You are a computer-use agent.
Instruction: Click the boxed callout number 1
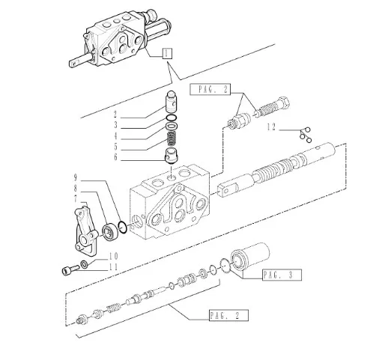pos(167,54)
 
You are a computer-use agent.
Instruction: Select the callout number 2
pos(115,115)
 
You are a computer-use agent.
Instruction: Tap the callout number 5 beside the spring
pos(115,147)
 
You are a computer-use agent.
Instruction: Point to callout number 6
pos(115,157)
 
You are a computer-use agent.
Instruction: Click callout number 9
pos(76,177)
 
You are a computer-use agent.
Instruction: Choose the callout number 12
pos(271,127)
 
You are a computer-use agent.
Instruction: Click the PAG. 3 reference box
pos(282,275)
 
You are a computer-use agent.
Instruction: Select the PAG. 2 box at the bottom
pos(228,315)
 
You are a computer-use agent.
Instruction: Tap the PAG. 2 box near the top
pos(210,89)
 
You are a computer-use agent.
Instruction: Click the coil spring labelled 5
pos(172,139)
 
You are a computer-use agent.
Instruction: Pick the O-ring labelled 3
pos(172,118)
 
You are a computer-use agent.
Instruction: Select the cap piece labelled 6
pos(172,156)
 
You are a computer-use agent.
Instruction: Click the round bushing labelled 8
pos(110,233)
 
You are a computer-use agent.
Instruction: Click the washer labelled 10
pos(84,264)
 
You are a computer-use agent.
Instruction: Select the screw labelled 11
pos(70,270)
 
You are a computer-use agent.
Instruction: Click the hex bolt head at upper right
pos(282,103)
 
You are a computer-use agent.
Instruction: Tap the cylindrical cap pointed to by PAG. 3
pos(249,257)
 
